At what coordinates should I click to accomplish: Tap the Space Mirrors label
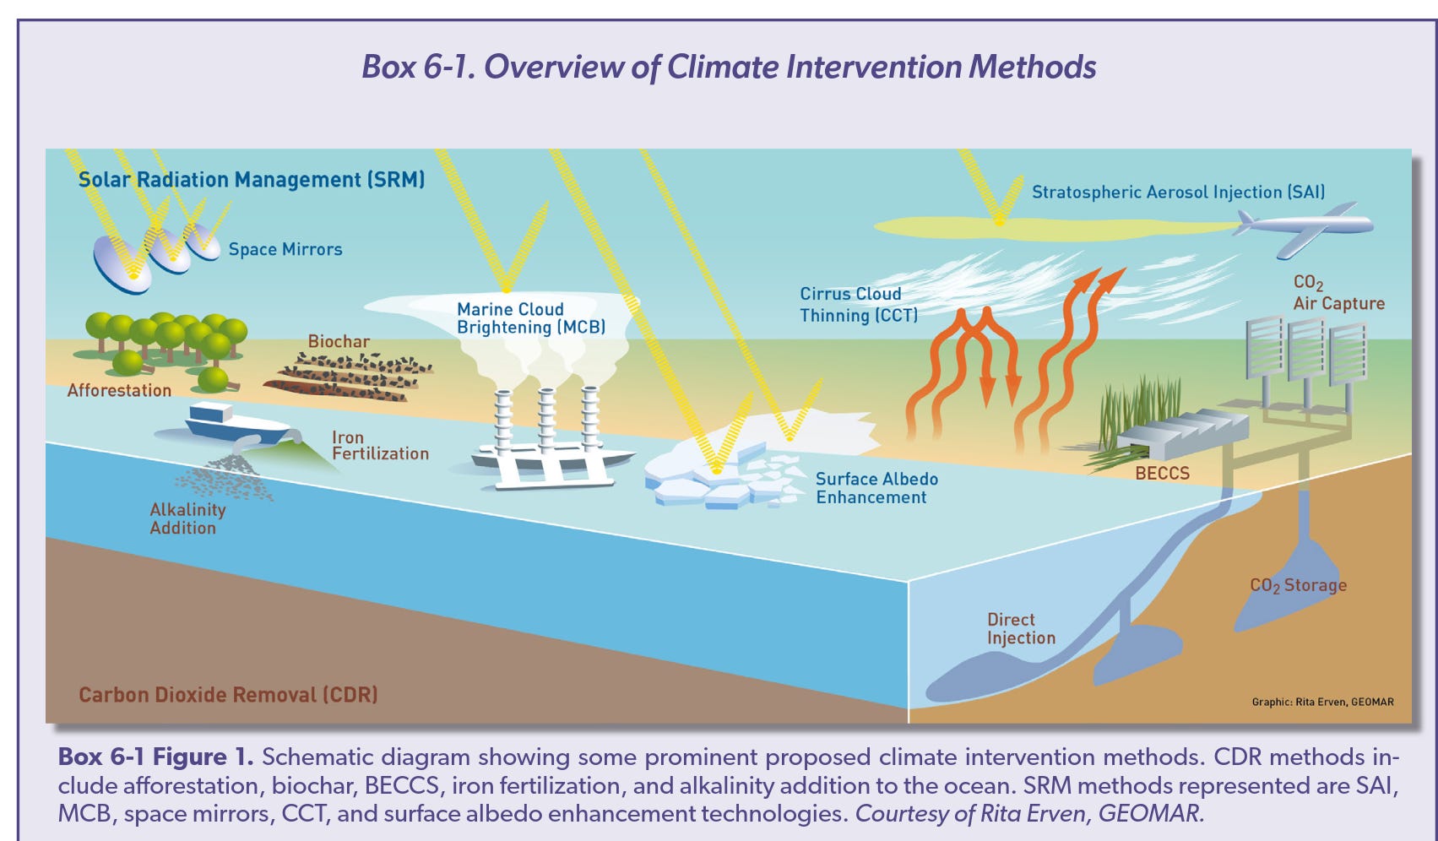[x=285, y=249]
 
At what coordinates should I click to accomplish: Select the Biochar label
[x=339, y=341]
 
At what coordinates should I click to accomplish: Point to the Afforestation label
[x=119, y=390]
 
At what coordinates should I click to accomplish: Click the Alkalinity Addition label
[x=187, y=518]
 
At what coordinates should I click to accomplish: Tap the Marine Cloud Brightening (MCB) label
[x=531, y=318]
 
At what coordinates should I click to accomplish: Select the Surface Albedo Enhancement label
[x=876, y=488]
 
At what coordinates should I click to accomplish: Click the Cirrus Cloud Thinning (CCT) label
[x=858, y=304]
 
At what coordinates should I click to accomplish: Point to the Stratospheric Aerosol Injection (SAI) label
[x=1178, y=192]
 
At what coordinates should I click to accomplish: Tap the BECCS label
[x=1162, y=473]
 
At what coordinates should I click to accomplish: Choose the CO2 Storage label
[x=1298, y=585]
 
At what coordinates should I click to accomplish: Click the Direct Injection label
[x=1021, y=628]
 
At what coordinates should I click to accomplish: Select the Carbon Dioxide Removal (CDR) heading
[x=228, y=695]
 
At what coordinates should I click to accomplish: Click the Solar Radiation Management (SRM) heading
[x=252, y=179]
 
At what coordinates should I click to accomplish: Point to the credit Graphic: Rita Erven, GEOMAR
[x=1322, y=702]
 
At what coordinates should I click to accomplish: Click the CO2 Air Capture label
[x=1338, y=293]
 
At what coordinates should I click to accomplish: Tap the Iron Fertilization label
[x=380, y=446]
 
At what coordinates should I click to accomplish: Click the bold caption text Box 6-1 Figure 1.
[x=156, y=757]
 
